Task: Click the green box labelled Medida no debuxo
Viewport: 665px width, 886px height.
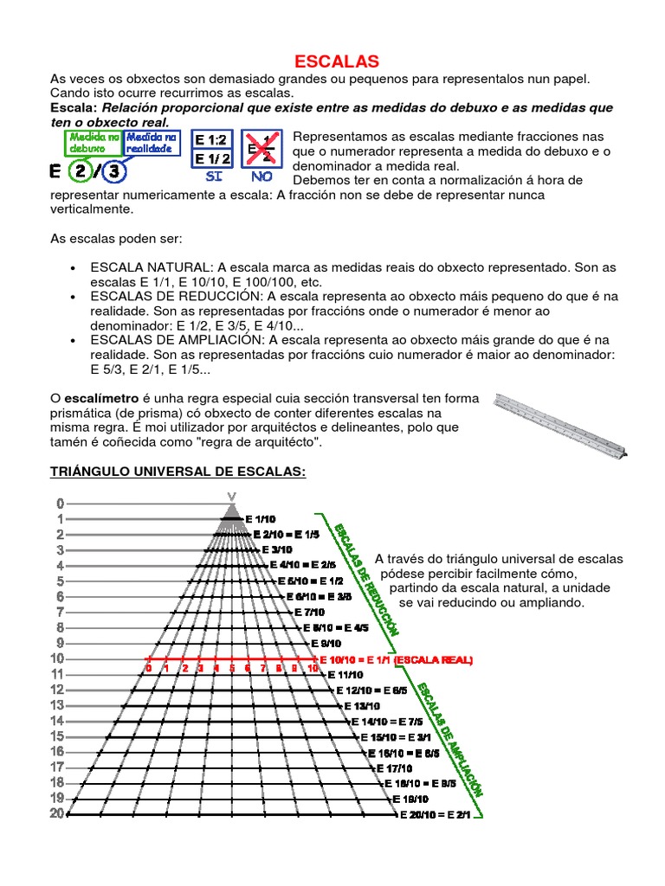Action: (x=94, y=142)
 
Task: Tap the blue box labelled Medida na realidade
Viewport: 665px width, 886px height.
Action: (x=152, y=142)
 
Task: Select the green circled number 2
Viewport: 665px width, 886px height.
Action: (x=81, y=171)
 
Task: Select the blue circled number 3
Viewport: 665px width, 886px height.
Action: (x=113, y=171)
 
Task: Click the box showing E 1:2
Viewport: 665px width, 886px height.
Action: (x=211, y=140)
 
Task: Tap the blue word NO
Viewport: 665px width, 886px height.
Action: (x=261, y=176)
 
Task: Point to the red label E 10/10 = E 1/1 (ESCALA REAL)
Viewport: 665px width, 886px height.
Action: (x=397, y=659)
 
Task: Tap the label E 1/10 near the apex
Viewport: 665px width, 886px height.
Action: (x=260, y=518)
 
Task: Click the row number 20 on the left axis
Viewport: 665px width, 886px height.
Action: (x=57, y=813)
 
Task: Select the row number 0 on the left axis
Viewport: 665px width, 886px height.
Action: (x=60, y=503)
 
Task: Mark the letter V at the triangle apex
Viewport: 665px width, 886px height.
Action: (x=231, y=496)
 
